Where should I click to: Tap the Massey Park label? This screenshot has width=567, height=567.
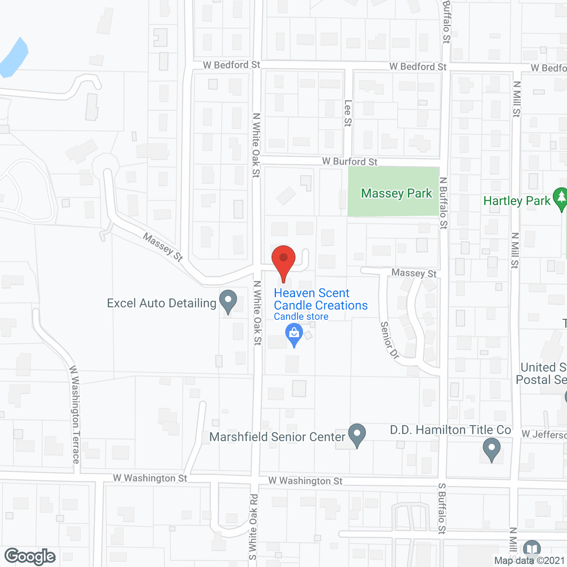[396, 194]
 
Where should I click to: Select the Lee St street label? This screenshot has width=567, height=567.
[348, 113]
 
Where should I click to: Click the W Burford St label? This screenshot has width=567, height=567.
[350, 161]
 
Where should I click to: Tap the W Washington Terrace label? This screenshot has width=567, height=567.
[75, 415]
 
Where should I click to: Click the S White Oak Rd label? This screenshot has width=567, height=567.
[253, 527]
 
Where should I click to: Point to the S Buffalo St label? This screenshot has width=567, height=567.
[442, 508]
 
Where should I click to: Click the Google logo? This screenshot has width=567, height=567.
[30, 556]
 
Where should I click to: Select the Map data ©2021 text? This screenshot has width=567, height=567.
[530, 561]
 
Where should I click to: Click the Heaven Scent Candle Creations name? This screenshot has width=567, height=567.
[320, 299]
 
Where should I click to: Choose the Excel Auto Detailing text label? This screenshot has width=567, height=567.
[161, 303]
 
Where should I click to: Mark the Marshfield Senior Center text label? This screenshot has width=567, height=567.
[277, 437]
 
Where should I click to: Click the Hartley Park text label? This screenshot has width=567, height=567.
[517, 201]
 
